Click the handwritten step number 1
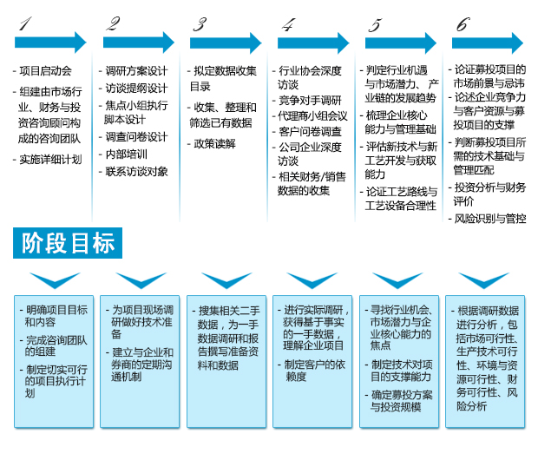click(25, 23)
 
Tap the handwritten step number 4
click(289, 25)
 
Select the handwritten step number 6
click(463, 24)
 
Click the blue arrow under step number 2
click(139, 43)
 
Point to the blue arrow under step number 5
click(401, 43)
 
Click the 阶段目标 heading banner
click(68, 243)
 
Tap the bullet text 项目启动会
click(46, 71)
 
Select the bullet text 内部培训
click(127, 154)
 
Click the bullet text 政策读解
click(214, 144)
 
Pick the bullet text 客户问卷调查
click(310, 131)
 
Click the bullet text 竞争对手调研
click(310, 100)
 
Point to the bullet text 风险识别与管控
click(490, 219)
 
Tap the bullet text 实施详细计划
click(51, 160)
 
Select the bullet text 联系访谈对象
click(136, 172)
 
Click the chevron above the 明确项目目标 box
click(55, 280)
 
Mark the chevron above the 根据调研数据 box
click(484, 280)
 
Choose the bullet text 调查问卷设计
click(136, 137)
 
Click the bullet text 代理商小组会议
click(313, 116)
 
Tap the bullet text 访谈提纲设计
click(136, 89)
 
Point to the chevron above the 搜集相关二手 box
click(226, 280)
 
